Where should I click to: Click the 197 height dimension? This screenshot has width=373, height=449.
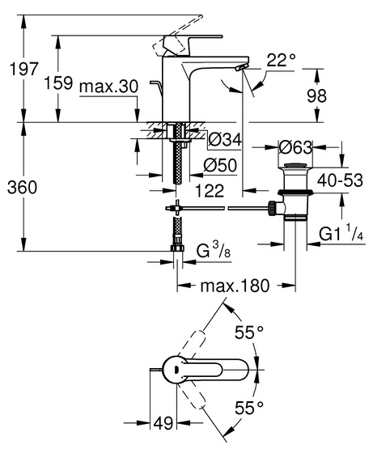click(x=23, y=69)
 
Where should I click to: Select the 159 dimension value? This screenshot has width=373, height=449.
click(x=59, y=83)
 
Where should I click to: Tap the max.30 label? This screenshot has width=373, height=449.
click(x=109, y=87)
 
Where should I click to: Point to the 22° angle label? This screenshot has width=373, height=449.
click(x=281, y=60)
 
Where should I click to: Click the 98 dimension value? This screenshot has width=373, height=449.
click(x=316, y=95)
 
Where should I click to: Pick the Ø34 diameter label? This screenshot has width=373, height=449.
click(x=225, y=139)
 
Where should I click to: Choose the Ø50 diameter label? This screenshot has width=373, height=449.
click(x=220, y=165)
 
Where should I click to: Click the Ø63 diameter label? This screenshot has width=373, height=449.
click(x=295, y=147)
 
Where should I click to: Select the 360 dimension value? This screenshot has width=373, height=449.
click(x=22, y=188)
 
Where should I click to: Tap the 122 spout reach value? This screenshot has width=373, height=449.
click(x=210, y=190)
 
